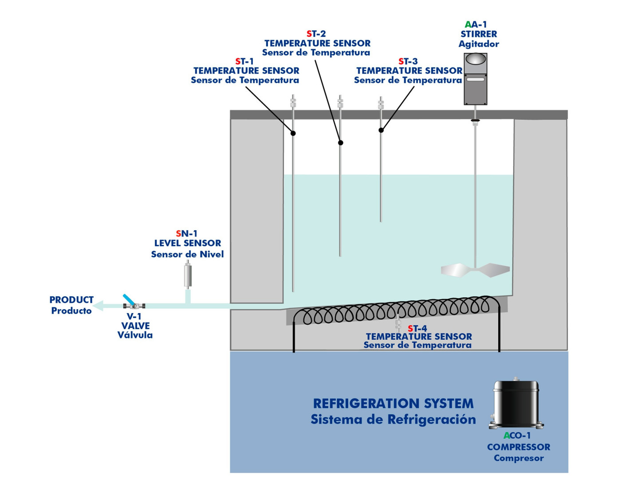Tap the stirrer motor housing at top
click(475, 79)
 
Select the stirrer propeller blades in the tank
click(475, 270)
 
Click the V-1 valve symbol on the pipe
click(134, 305)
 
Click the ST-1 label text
click(244, 61)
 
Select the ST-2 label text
click(316, 34)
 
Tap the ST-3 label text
click(408, 61)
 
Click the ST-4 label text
click(417, 328)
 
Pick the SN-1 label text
click(187, 233)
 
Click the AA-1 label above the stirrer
click(476, 24)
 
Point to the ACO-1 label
click(517, 436)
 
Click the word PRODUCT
click(71, 300)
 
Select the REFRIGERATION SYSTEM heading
click(393, 403)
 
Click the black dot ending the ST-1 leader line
click(293, 133)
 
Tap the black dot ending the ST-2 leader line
click(341, 143)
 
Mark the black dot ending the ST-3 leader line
click(381, 130)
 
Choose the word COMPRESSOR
click(519, 447)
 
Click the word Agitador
click(479, 44)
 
